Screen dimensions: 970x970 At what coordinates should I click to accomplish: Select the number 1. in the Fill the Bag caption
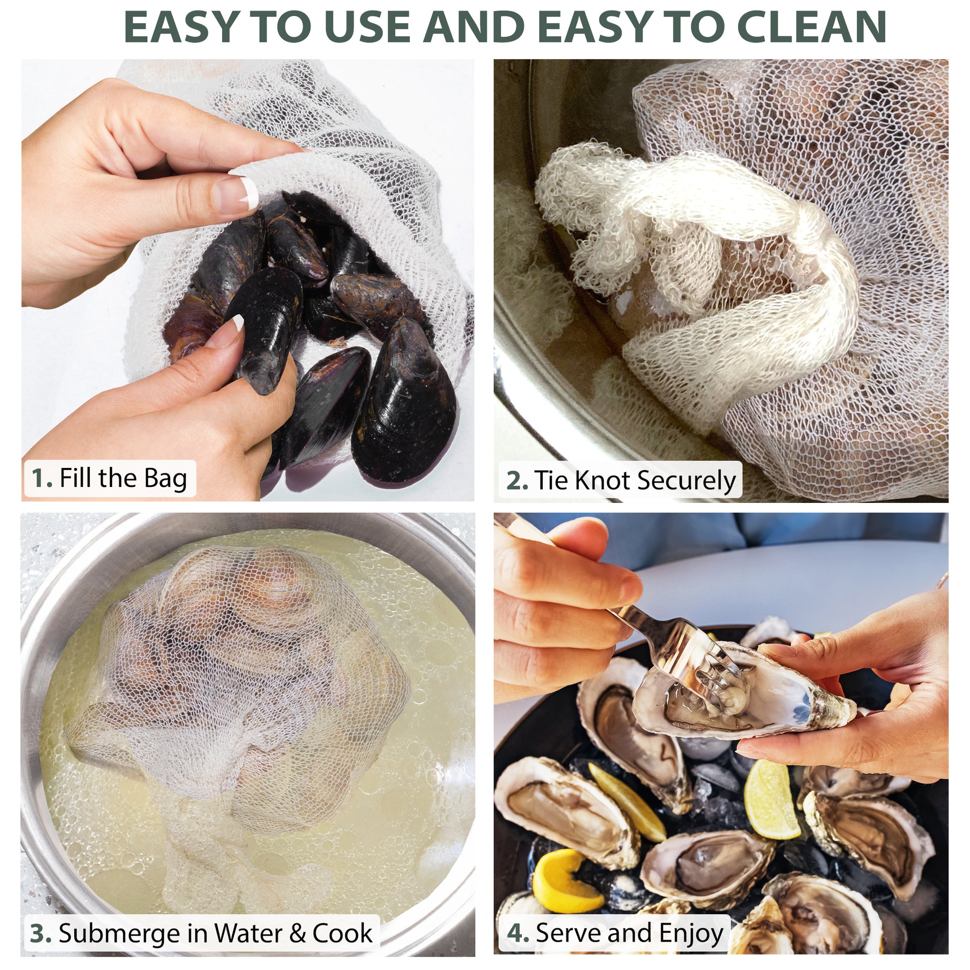coord(42,479)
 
